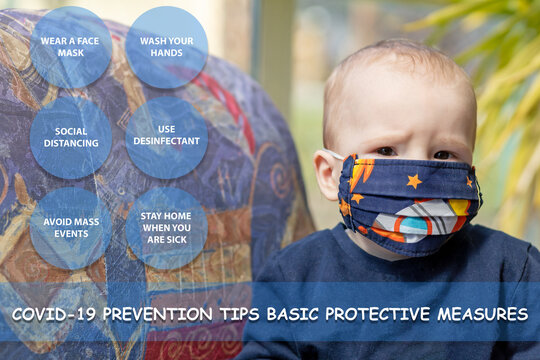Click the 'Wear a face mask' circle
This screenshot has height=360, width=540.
70,47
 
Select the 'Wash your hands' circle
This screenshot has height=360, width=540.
167,47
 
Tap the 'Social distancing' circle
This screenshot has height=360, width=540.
70,137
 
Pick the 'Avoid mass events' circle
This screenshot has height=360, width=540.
70,227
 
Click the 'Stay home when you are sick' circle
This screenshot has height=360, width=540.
167,227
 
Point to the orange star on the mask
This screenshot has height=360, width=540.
413,181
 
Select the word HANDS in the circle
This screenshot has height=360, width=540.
167,52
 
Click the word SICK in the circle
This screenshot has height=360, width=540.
167,240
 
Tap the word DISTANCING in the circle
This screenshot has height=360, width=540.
70,143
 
